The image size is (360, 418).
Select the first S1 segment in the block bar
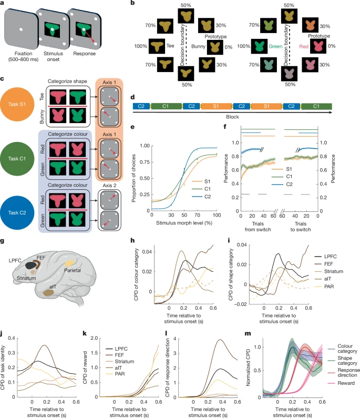(215, 106)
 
